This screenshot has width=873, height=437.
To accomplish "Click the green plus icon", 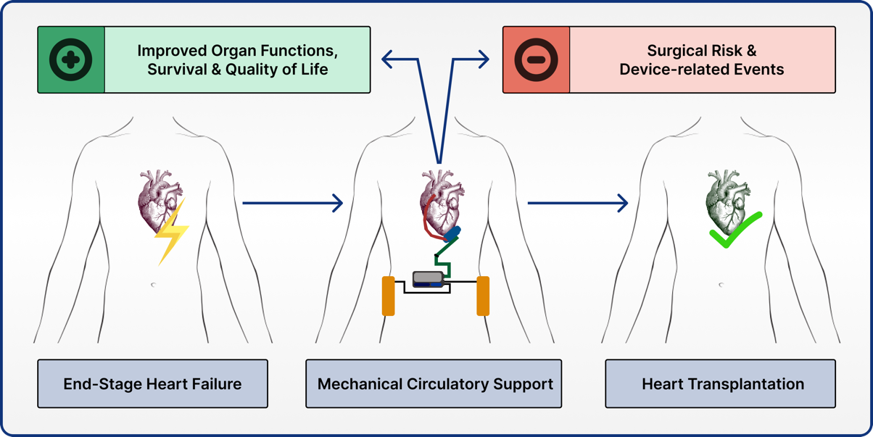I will pyautogui.click(x=71, y=59).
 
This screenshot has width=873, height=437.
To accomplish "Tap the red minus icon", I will pyautogui.click(x=537, y=59).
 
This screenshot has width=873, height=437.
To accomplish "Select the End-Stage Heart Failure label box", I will pyautogui.click(x=152, y=383).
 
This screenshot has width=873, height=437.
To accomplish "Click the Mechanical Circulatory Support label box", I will pyautogui.click(x=434, y=383).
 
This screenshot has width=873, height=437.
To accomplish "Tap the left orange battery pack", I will pyautogui.click(x=389, y=296).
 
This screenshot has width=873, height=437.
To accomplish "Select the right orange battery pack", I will pyautogui.click(x=483, y=296).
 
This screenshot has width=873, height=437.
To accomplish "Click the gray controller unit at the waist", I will pyautogui.click(x=429, y=278).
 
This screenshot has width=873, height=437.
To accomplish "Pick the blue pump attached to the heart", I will pyautogui.click(x=452, y=234).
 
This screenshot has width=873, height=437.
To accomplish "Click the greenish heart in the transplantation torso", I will pyautogui.click(x=725, y=199).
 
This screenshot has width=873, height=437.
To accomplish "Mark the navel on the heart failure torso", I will pyautogui.click(x=153, y=285).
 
